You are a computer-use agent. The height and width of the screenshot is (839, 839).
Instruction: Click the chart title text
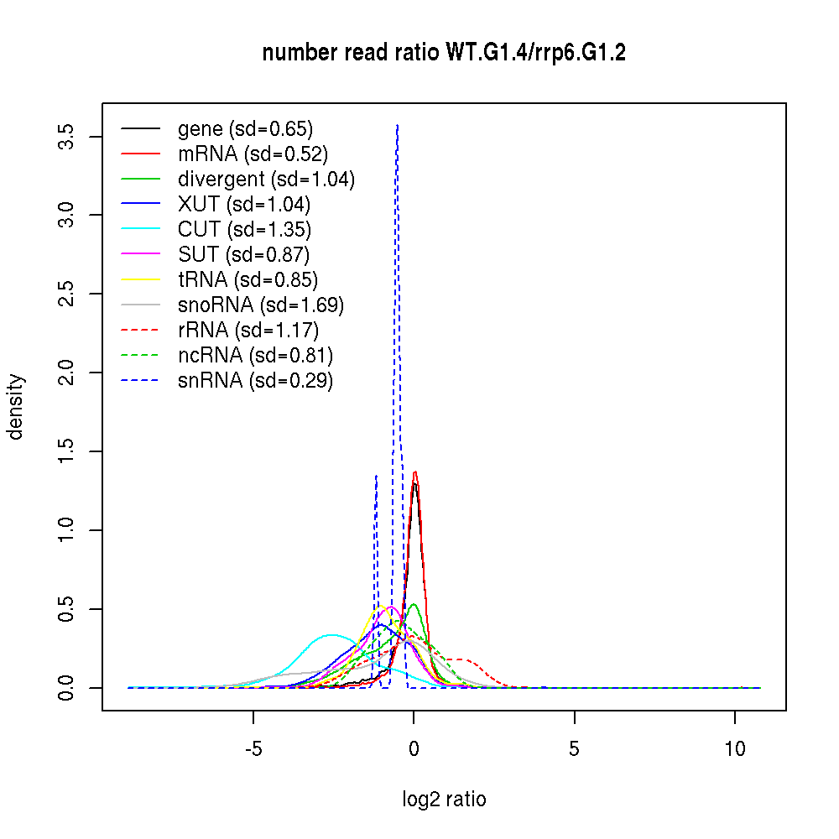444,54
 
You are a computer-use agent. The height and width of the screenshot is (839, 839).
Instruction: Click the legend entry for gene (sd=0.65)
245,129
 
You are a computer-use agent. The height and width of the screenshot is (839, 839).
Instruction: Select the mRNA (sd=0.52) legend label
253,154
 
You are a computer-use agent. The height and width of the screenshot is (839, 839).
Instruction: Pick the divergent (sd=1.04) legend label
266,180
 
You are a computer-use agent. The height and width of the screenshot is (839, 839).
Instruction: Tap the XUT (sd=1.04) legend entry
244,205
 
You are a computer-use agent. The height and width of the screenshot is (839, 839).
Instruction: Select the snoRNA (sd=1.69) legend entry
261,305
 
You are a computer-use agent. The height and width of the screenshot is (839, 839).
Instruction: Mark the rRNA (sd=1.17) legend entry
248,331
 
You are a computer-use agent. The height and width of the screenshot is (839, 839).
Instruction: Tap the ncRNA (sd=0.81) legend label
255,356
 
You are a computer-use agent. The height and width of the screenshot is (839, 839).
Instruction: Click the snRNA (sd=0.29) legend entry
255,381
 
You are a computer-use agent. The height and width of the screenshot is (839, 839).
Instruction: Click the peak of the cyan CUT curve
332,635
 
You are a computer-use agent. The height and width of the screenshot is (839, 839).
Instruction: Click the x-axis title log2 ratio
444,800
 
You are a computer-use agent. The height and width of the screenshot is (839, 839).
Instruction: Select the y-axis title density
17,407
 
